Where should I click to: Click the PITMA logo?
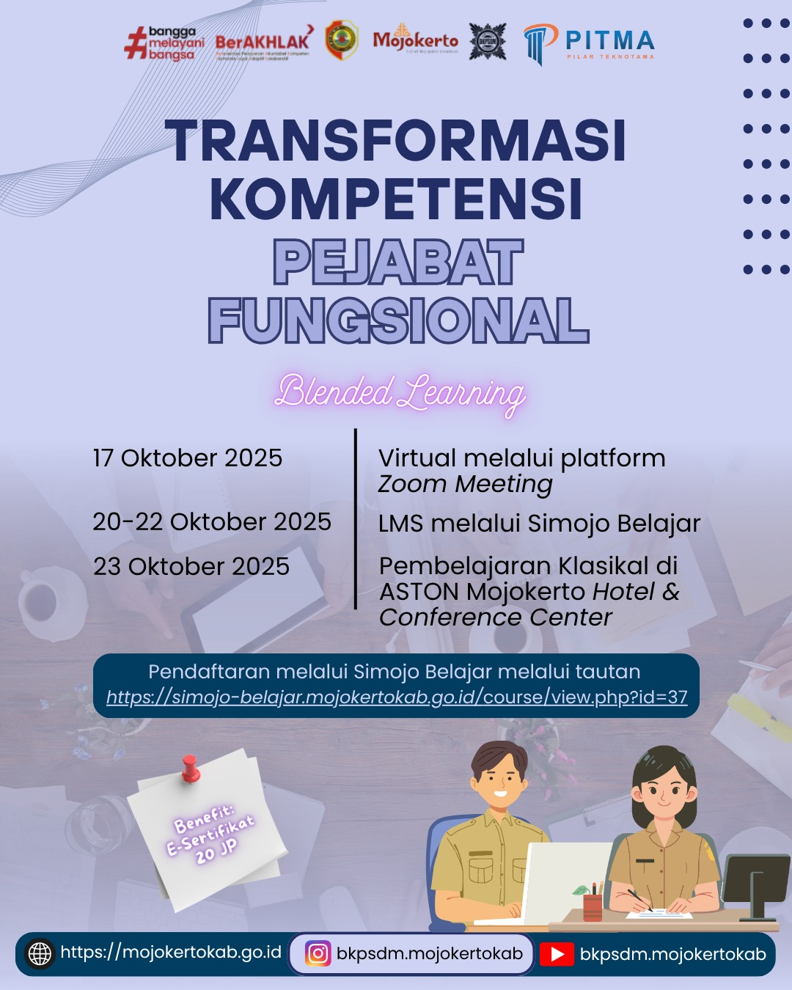point(590,43)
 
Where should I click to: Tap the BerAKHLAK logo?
point(263,43)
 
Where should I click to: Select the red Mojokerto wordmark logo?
point(415,40)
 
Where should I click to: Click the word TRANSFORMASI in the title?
point(396,141)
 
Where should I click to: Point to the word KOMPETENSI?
point(396,199)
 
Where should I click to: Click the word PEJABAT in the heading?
point(398,263)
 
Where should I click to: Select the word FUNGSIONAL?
point(398,320)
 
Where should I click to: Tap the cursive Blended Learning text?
point(400,392)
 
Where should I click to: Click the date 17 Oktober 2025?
point(188,458)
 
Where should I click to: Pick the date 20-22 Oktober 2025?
point(212,521)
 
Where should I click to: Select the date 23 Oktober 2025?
point(191,566)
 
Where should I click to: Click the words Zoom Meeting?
point(466,484)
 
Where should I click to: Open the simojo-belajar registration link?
point(397,697)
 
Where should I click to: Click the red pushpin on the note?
point(191,769)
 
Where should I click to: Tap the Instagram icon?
point(318,953)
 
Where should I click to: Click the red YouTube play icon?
point(557,954)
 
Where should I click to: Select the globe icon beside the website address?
point(40,953)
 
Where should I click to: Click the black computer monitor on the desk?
point(755,880)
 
